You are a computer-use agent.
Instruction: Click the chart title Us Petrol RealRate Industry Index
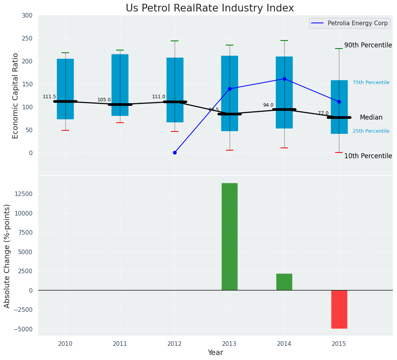pyautogui.click(x=210, y=8)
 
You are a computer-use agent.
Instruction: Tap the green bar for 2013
pyautogui.click(x=229, y=237)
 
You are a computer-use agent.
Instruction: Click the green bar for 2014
pyautogui.click(x=284, y=282)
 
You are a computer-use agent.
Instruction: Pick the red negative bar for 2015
pyautogui.click(x=339, y=309)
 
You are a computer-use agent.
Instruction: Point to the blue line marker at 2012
pyautogui.click(x=175, y=152)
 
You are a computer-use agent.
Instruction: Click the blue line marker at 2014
pyautogui.click(x=284, y=79)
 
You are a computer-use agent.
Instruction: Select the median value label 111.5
pyautogui.click(x=49, y=97)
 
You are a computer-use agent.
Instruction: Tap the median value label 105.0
pyautogui.click(x=104, y=100)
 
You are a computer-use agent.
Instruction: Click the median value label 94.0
pyautogui.click(x=268, y=105)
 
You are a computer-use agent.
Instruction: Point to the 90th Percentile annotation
pyautogui.click(x=368, y=45)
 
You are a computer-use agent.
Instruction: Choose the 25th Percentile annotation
pyautogui.click(x=371, y=131)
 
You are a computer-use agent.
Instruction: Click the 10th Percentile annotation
pyautogui.click(x=368, y=156)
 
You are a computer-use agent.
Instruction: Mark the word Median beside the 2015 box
pyautogui.click(x=371, y=118)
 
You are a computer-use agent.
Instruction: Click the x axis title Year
pyautogui.click(x=215, y=353)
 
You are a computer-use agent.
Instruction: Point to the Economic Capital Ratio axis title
pyautogui.click(x=16, y=96)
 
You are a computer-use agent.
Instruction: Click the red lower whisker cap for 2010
pyautogui.click(x=65, y=130)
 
